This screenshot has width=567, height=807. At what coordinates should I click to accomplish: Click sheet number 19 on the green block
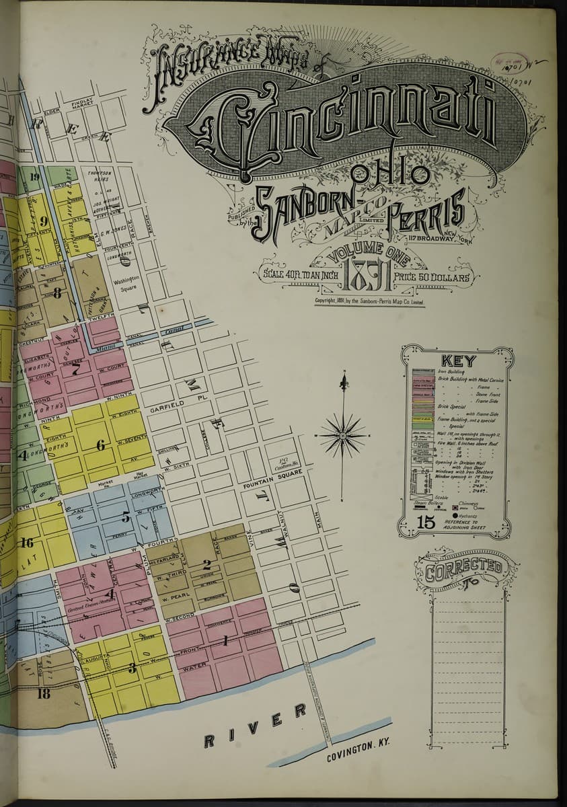pos(35,178)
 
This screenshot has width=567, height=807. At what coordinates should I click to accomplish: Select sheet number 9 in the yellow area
pos(44,221)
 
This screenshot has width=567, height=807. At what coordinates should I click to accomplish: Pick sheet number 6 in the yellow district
pos(101,445)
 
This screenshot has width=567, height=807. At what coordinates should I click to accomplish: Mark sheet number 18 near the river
pos(44,693)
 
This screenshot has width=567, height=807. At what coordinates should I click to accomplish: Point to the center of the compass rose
pos(343,436)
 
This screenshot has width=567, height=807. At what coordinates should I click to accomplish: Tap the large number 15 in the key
pos(426,522)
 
